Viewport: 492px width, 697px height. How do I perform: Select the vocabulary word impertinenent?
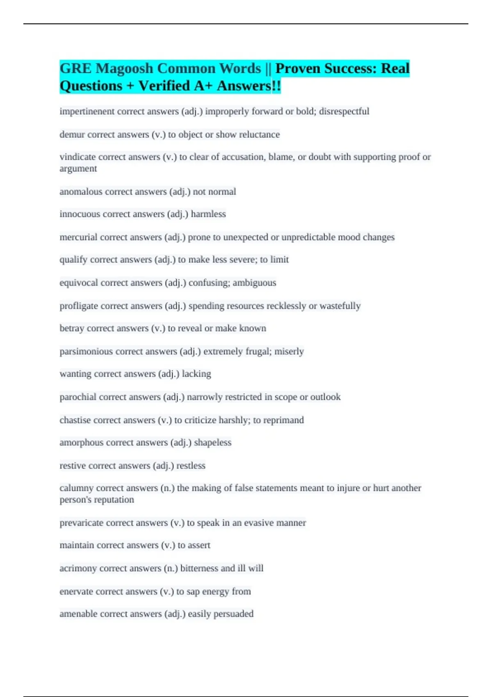pyautogui.click(x=87, y=112)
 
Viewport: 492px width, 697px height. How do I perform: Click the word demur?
pyautogui.click(x=72, y=134)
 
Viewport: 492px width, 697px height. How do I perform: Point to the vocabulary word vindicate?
pyautogui.click(x=77, y=157)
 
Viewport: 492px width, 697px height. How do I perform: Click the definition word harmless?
pyautogui.click(x=208, y=214)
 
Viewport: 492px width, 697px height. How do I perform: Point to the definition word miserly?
pyautogui.click(x=289, y=351)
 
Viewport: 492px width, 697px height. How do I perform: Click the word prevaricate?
pyautogui.click(x=81, y=523)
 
